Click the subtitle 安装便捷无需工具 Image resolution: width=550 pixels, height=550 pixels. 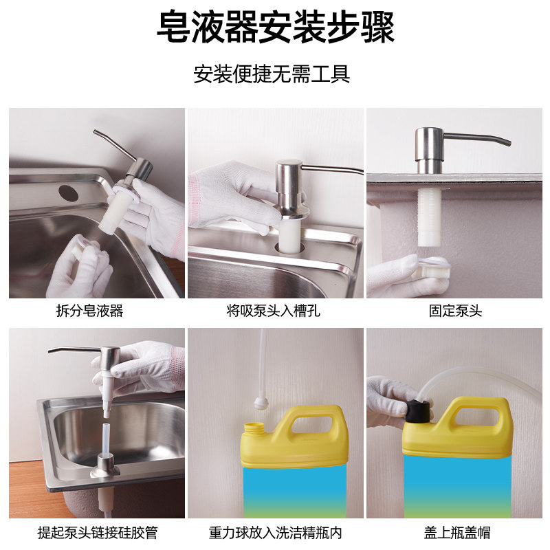272,74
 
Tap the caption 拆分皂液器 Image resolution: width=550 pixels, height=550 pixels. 90,311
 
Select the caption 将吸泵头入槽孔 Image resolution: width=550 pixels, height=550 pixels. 273,311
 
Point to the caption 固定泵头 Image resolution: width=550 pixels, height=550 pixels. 456,311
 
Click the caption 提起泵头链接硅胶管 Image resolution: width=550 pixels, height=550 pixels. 98,532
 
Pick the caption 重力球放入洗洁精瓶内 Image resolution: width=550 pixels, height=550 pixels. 276,532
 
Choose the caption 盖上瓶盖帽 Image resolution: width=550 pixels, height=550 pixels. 456,532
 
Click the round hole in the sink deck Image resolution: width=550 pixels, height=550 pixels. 68,193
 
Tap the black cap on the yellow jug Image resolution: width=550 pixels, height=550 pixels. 418,410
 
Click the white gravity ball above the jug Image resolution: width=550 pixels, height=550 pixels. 261,403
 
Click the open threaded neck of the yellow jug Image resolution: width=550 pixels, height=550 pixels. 254,428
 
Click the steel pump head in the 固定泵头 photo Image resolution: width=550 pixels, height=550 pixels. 429,150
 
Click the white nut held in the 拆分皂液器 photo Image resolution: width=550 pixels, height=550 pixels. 81,247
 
